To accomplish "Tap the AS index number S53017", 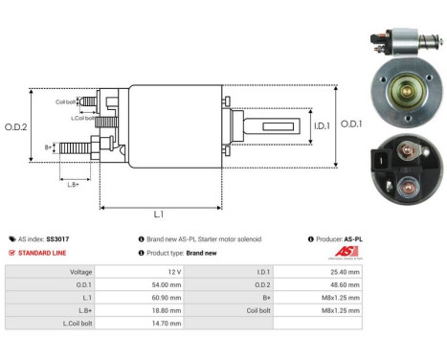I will tap(56, 238).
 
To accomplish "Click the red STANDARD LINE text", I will tap(41, 253).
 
